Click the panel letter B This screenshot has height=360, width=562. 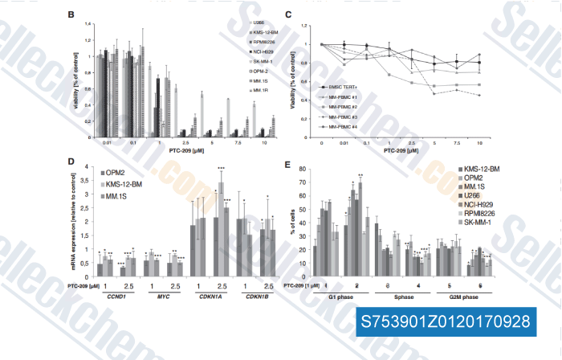73,15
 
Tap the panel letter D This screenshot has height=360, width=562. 73,164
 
